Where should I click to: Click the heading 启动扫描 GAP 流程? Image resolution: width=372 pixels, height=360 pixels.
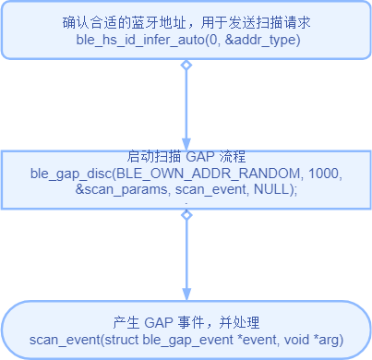pos(186,156)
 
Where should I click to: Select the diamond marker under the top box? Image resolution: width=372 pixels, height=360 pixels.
pos(186,66)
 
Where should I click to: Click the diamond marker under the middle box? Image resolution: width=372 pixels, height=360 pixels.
pos(186,215)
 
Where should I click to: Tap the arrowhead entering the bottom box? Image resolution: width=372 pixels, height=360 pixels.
pos(186,293)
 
